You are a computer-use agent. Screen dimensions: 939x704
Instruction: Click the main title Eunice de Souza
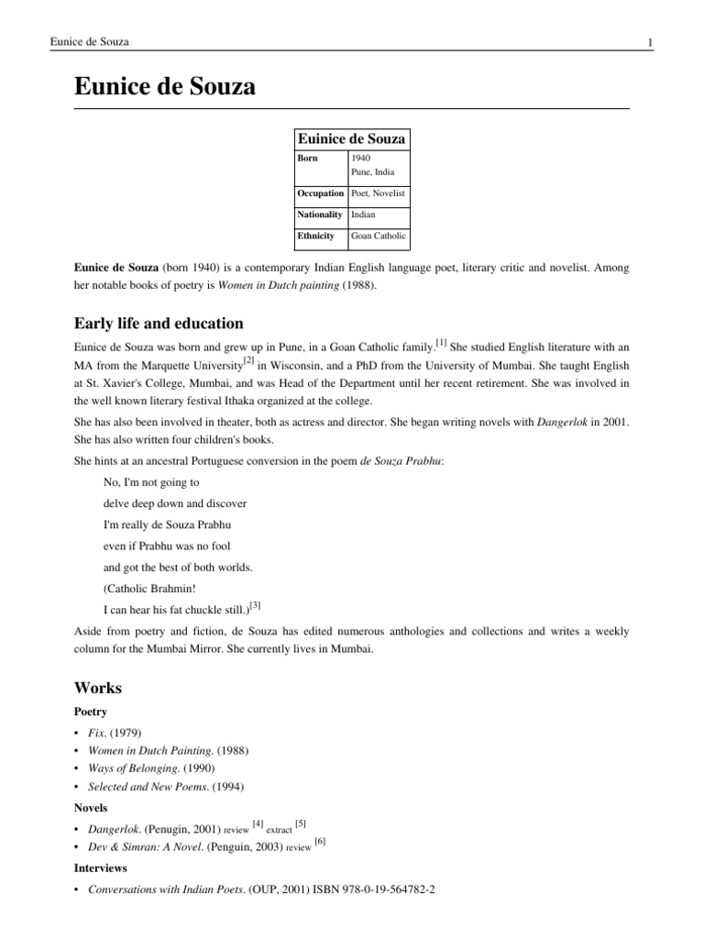click(165, 87)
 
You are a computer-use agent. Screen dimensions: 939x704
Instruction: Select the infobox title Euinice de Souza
click(351, 138)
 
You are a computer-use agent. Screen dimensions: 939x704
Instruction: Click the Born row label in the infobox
click(307, 158)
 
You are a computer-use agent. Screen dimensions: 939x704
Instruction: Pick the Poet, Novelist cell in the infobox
click(378, 193)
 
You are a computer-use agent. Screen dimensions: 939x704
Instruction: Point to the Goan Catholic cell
click(379, 236)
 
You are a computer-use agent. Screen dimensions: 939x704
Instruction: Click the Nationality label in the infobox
click(320, 215)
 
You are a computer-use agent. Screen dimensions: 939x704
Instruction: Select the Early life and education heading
click(159, 323)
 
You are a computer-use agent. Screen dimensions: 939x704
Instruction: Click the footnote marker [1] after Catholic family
click(441, 343)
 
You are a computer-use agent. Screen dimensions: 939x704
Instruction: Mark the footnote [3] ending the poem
click(256, 604)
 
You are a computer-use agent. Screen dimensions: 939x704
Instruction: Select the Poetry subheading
click(91, 712)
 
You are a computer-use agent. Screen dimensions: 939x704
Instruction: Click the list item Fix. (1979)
click(115, 732)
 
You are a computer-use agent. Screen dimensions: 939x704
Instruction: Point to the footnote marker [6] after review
click(320, 841)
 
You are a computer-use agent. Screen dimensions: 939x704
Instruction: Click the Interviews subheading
click(100, 867)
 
